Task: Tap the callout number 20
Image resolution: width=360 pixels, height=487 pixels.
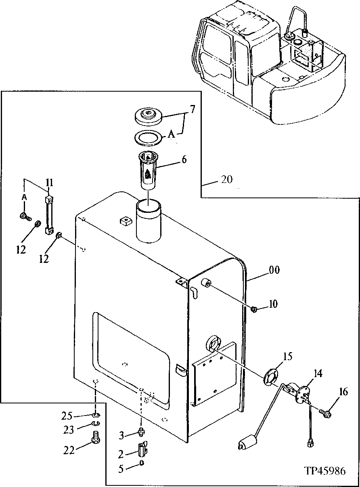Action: tap(226, 179)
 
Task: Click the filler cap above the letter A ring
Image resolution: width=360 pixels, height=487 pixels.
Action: tap(149, 116)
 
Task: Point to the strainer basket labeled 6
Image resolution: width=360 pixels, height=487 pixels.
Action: tap(149, 170)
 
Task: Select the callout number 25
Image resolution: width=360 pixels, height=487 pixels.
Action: tap(67, 416)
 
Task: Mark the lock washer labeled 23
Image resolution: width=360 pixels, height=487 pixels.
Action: tap(95, 423)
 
